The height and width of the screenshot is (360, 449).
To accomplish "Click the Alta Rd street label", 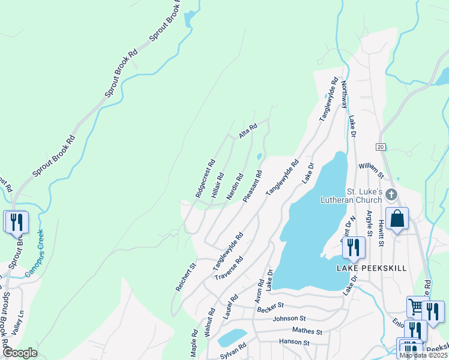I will [x=248, y=131].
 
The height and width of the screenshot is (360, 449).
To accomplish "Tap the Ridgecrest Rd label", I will [x=205, y=178].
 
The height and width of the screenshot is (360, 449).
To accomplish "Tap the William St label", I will [x=371, y=170].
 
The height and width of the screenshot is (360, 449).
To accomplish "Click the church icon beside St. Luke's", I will [x=391, y=194].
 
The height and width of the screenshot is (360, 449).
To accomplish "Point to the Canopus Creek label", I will [x=34, y=253].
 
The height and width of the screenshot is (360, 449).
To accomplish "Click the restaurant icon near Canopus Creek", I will [x=16, y=221].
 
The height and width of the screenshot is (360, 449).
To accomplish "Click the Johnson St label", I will [x=289, y=319].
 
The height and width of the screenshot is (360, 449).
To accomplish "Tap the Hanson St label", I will [x=293, y=343].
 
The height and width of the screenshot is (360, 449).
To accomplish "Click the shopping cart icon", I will [x=415, y=307].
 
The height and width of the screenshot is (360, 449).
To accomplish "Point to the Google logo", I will [x=20, y=353].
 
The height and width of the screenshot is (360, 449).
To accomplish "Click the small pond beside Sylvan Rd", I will [x=233, y=337].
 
